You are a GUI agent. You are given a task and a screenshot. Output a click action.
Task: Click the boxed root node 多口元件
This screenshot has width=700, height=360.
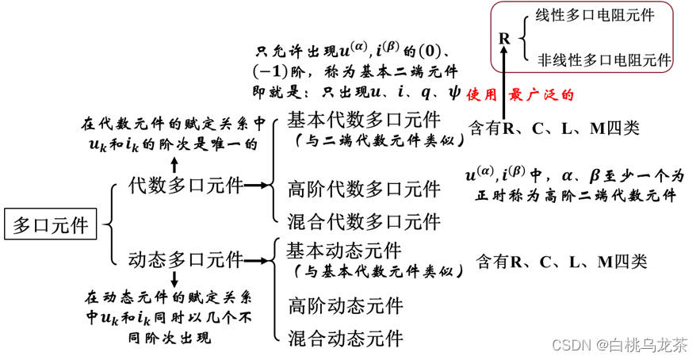(x=51, y=225)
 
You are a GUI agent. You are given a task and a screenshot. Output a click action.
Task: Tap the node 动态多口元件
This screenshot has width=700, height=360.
(x=185, y=259)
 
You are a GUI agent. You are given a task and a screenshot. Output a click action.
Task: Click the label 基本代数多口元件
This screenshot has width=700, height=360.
(x=363, y=121)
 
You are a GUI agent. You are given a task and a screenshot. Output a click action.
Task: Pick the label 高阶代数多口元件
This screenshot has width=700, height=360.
(x=364, y=190)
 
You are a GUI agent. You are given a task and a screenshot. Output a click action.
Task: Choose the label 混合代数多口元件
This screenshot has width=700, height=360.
(x=364, y=221)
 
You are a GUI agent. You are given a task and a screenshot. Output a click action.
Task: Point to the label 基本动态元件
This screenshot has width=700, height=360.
(x=344, y=251)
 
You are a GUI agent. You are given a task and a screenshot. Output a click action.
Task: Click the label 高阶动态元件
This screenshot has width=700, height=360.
(x=345, y=305)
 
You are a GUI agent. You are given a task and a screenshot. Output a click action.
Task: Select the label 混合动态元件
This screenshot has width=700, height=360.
(x=345, y=339)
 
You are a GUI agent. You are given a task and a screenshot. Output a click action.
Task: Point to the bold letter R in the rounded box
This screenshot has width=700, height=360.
(x=504, y=38)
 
